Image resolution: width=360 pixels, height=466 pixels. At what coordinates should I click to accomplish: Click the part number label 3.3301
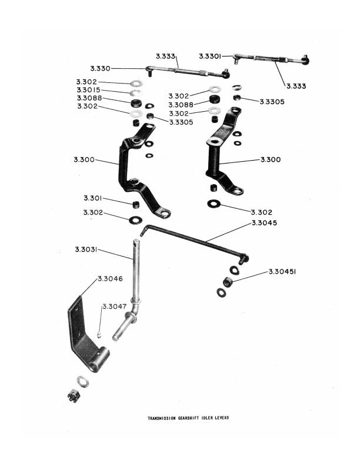(x=210, y=56)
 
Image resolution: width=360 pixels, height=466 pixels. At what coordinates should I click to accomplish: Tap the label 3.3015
(x=88, y=90)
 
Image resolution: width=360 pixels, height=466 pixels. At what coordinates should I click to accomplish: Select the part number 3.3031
(x=86, y=249)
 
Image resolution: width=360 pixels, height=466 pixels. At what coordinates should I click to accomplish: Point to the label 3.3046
(x=110, y=279)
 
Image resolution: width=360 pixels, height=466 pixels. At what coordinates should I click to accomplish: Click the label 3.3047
(x=115, y=307)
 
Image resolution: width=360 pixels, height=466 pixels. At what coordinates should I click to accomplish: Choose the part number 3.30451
(x=282, y=272)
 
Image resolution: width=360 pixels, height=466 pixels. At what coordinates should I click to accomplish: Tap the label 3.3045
(x=264, y=223)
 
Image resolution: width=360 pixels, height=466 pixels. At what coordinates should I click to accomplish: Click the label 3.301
(x=93, y=198)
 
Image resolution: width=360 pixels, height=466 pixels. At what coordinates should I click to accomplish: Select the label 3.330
(x=101, y=69)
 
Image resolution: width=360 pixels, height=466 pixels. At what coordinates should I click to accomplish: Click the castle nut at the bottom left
(x=74, y=395)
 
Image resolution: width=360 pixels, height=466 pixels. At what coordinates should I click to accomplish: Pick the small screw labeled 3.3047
(x=99, y=335)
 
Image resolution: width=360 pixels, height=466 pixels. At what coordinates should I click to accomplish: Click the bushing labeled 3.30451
(x=228, y=281)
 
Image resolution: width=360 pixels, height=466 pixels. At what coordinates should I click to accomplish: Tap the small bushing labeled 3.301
(x=136, y=205)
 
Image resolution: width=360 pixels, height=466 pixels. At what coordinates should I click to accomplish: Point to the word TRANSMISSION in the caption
(x=162, y=418)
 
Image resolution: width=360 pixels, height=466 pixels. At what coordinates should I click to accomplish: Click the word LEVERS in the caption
(x=223, y=418)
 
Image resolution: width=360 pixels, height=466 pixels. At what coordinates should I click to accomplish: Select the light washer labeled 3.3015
(x=136, y=93)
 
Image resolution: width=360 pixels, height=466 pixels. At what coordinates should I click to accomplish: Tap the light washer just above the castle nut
(x=83, y=382)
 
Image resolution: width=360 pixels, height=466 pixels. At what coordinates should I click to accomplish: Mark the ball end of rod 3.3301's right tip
(x=305, y=60)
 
